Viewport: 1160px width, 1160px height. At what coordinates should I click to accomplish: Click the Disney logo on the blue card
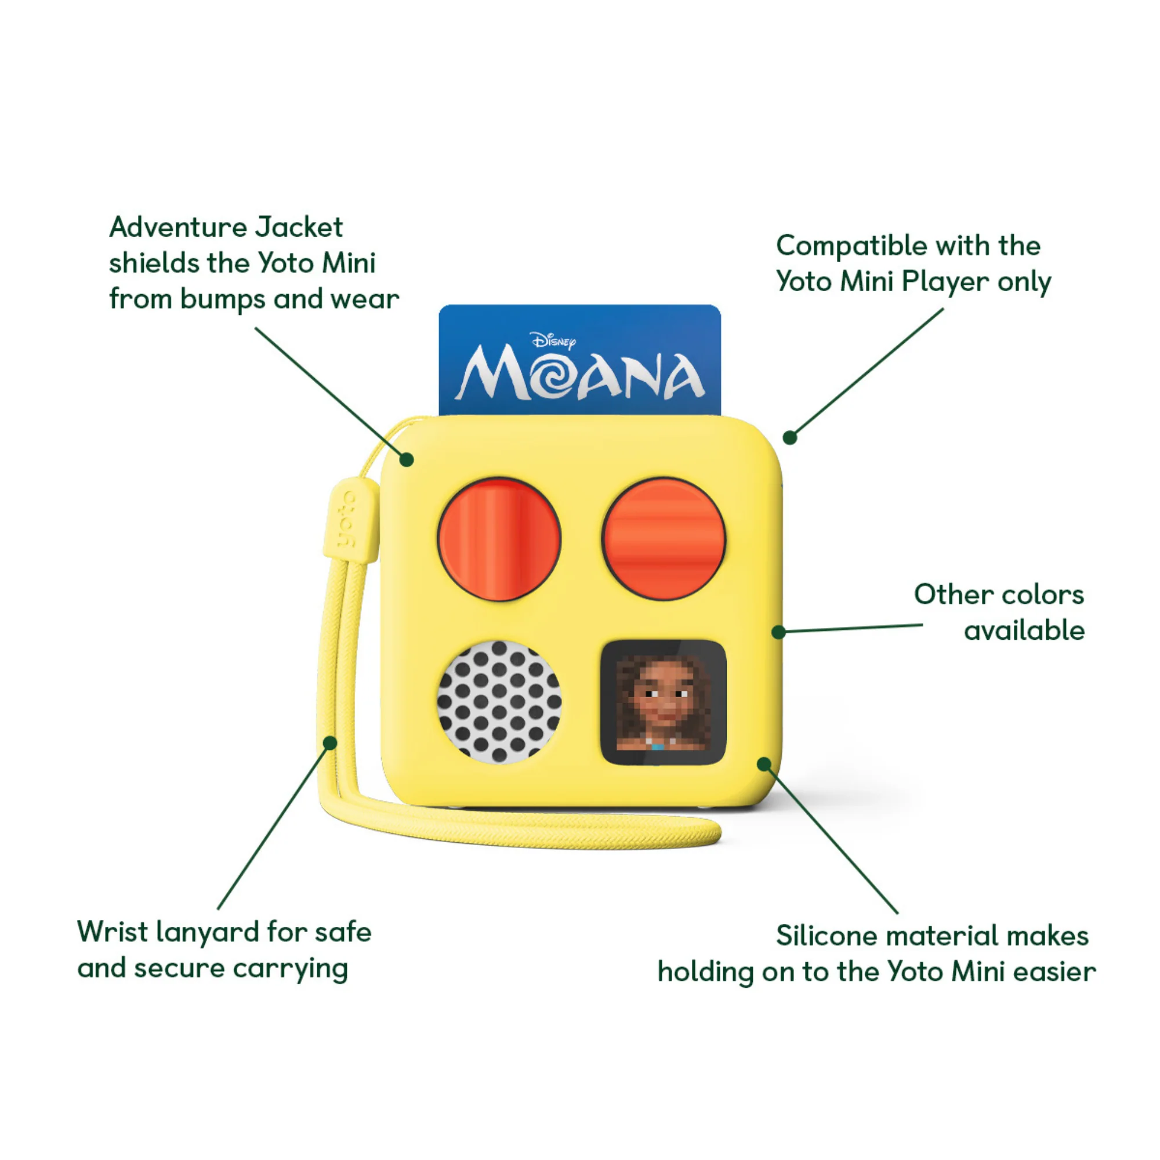click(x=553, y=341)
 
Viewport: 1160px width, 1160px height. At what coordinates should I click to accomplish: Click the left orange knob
click(x=499, y=539)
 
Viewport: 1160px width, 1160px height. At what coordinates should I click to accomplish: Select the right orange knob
click(x=664, y=539)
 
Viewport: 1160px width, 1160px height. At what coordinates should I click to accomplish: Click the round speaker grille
click(x=499, y=702)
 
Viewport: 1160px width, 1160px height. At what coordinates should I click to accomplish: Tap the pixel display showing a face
click(x=664, y=702)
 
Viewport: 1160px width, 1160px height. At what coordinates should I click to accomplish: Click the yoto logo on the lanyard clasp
click(x=347, y=519)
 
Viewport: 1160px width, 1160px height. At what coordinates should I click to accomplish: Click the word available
click(x=1024, y=631)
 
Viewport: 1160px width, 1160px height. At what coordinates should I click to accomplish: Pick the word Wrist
click(x=113, y=932)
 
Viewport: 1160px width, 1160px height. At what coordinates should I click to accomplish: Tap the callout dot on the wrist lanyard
click(x=329, y=743)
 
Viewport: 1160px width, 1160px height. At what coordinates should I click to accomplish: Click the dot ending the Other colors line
click(x=779, y=632)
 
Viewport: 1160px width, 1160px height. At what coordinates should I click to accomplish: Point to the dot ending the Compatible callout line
click(x=790, y=438)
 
